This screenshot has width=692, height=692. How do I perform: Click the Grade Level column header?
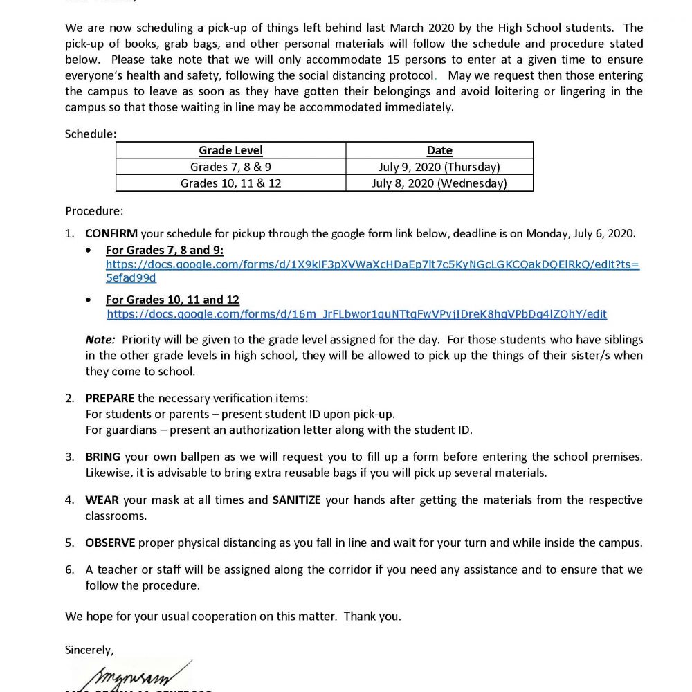(230, 150)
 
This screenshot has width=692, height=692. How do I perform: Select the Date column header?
(439, 150)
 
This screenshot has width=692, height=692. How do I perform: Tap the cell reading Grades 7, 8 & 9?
(230, 167)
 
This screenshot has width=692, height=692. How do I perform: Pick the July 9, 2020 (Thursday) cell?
(439, 167)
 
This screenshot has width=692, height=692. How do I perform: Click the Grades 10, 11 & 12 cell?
(230, 183)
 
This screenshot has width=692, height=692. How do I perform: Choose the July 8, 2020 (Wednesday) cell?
(439, 183)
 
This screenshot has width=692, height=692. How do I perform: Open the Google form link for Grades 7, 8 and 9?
(372, 265)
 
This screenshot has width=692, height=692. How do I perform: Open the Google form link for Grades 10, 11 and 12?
(356, 314)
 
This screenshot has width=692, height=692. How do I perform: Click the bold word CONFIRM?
(111, 234)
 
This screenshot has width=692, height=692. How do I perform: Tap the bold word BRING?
(102, 457)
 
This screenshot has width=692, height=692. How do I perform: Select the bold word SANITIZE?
(296, 500)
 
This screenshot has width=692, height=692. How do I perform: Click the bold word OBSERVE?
(110, 543)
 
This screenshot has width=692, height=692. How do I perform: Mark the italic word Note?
(100, 340)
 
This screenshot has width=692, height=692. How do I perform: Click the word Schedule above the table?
(91, 134)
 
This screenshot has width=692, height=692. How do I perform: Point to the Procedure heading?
(94, 210)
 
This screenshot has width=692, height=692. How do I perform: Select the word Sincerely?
(89, 650)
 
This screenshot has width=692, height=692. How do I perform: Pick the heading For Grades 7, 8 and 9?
(164, 250)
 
